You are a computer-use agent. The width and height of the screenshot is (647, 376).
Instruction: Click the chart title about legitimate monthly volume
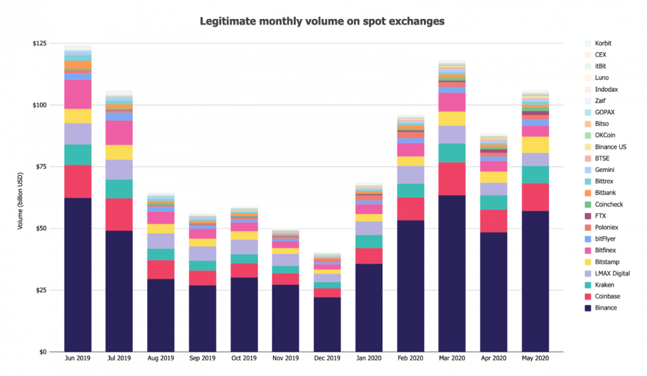click(x=322, y=21)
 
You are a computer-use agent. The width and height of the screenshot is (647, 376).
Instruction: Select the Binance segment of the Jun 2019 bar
click(x=78, y=274)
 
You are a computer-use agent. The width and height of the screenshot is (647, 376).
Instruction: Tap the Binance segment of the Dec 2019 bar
click(x=327, y=324)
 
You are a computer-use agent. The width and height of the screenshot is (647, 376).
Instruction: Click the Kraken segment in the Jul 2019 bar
click(x=119, y=189)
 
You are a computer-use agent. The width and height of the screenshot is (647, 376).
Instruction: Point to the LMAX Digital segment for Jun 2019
click(x=78, y=134)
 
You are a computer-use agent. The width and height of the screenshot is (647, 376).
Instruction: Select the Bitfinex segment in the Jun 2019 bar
click(x=78, y=94)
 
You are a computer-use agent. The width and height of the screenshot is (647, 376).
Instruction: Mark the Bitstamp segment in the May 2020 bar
click(x=535, y=145)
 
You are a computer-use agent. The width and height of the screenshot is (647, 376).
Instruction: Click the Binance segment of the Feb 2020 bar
click(x=411, y=286)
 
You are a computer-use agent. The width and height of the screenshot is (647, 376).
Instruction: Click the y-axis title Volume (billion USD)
click(x=20, y=197)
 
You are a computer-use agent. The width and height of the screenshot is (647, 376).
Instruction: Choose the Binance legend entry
click(x=605, y=308)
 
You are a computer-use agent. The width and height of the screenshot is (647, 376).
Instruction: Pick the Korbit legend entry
click(x=603, y=44)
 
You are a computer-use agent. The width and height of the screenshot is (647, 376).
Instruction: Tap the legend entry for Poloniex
click(x=607, y=227)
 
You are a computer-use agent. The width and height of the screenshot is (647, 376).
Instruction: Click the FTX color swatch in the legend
click(x=588, y=216)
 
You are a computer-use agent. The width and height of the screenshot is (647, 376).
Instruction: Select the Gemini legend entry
click(x=605, y=170)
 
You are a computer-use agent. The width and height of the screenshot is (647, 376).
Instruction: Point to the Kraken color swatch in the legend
click(x=588, y=285)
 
